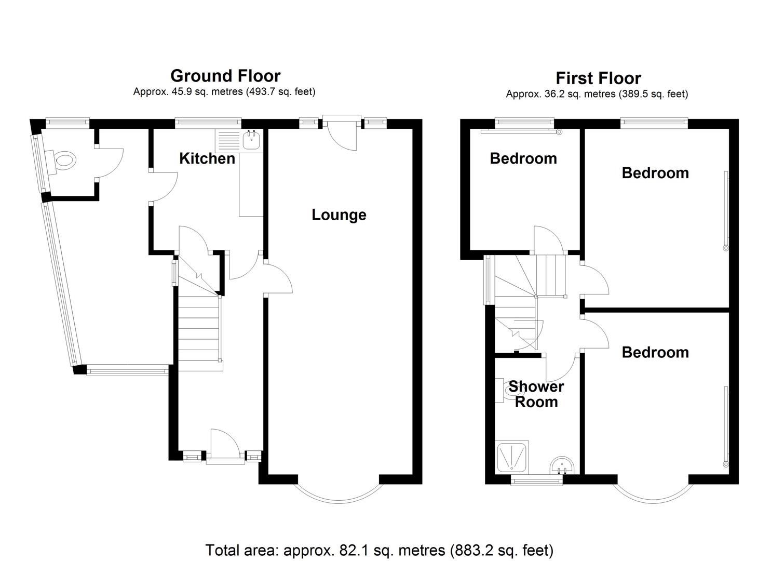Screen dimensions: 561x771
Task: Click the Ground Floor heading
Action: click(x=225, y=76)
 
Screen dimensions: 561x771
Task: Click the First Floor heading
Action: click(x=598, y=78)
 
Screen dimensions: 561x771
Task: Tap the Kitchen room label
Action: click(x=207, y=158)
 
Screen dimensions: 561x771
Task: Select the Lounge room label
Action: click(x=339, y=215)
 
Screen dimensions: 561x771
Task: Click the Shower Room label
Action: click(x=536, y=394)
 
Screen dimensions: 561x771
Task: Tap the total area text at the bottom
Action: click(x=379, y=550)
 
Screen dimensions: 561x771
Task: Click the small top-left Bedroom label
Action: click(x=523, y=158)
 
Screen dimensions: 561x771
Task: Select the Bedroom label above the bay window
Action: click(x=655, y=352)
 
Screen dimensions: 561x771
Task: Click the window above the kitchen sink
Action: click(x=208, y=123)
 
